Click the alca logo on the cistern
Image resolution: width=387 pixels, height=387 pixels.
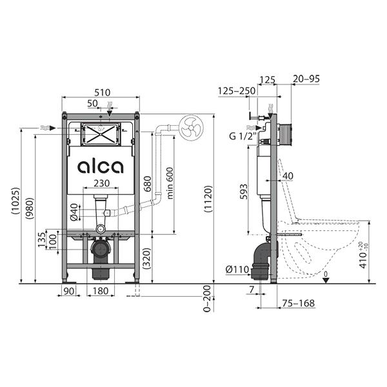(100, 167)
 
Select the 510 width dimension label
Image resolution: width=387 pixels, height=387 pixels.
(102, 92)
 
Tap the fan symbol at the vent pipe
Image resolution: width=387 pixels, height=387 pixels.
(191, 127)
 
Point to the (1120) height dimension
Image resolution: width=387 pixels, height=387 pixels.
(208, 199)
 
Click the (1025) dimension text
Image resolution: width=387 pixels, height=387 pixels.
(15, 201)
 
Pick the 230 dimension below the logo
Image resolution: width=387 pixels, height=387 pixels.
(102, 183)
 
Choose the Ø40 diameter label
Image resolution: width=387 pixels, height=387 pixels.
(74, 212)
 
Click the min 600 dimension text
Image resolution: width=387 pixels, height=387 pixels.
(170, 183)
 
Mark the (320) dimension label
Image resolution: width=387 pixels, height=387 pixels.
(147, 258)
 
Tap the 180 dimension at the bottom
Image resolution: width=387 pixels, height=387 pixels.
(101, 291)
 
